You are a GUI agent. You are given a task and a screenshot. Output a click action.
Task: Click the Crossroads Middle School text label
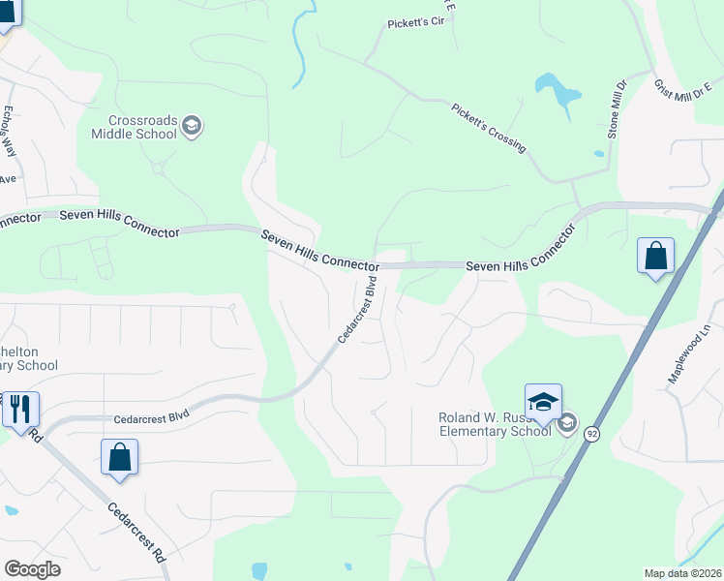[135, 127]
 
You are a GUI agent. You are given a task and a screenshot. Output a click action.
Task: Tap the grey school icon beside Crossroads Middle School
[192, 126]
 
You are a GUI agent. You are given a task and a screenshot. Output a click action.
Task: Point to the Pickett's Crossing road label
[488, 127]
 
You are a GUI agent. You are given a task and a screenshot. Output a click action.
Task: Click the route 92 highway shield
[589, 433]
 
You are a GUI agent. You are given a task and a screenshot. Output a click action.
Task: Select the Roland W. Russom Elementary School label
[495, 423]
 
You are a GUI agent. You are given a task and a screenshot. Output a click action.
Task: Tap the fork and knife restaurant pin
[20, 409]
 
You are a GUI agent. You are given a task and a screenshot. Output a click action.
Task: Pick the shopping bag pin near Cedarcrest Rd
[119, 458]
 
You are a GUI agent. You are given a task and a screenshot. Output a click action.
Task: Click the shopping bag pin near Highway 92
[655, 258]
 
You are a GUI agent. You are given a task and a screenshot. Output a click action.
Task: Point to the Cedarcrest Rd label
[136, 533]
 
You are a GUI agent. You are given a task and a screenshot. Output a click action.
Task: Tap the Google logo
[32, 569]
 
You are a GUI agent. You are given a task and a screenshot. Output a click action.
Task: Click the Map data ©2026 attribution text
[682, 573]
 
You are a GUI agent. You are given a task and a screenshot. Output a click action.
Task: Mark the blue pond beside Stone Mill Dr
[558, 92]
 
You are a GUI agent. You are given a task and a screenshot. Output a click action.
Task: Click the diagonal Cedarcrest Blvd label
[357, 309]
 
